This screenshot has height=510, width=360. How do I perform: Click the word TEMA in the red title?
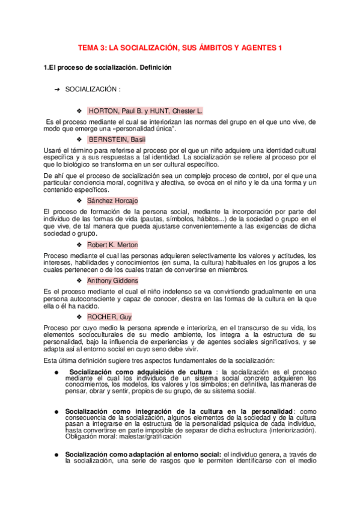point(90,48)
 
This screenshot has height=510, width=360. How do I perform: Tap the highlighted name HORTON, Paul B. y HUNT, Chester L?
point(145,111)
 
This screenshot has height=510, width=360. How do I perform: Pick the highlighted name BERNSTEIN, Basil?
point(117,140)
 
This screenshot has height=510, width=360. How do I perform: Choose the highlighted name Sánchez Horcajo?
point(112,200)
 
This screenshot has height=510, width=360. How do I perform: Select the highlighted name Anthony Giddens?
point(112,281)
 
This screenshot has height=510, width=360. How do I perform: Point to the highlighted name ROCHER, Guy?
point(110,316)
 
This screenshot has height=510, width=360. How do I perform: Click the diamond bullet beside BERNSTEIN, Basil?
point(79,140)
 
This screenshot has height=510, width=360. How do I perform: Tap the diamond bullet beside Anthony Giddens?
point(79,281)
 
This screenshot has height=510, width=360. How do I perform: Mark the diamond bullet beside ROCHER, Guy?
point(79,316)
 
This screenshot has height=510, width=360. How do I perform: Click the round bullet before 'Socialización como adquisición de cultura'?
point(56,372)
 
